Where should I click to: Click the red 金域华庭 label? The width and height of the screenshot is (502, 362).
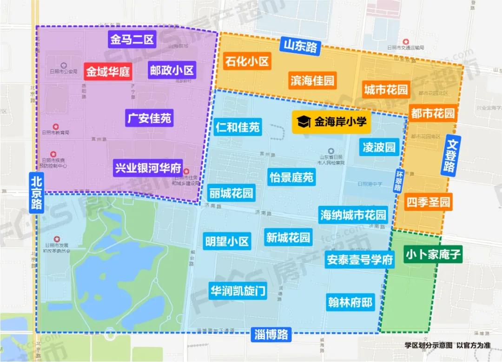[x=108, y=72]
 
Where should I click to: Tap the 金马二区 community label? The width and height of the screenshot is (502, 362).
[x=132, y=39]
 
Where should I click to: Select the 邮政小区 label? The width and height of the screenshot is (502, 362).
[x=172, y=71]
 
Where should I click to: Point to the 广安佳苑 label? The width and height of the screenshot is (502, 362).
[x=149, y=118]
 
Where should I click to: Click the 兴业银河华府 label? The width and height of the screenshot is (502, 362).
[x=148, y=168]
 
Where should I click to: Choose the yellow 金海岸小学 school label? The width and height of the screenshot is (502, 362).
[x=331, y=122]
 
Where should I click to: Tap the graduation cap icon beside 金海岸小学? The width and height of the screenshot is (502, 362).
[x=304, y=122]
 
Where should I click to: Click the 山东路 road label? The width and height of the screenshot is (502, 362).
[x=300, y=46]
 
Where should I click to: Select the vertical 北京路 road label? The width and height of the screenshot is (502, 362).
[x=36, y=192]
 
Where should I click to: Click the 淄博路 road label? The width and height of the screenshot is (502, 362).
[x=271, y=334]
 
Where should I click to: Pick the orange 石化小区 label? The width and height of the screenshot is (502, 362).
[x=247, y=61]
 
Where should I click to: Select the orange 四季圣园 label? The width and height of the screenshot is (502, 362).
[x=429, y=203]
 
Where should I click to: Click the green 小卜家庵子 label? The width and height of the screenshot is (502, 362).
[x=433, y=255]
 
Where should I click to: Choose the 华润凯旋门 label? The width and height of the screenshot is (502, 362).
[x=238, y=291]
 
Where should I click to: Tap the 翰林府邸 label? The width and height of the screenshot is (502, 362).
[x=350, y=303]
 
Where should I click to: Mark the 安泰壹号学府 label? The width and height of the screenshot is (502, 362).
[x=360, y=260]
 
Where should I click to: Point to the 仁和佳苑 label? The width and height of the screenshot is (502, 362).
[x=238, y=127]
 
